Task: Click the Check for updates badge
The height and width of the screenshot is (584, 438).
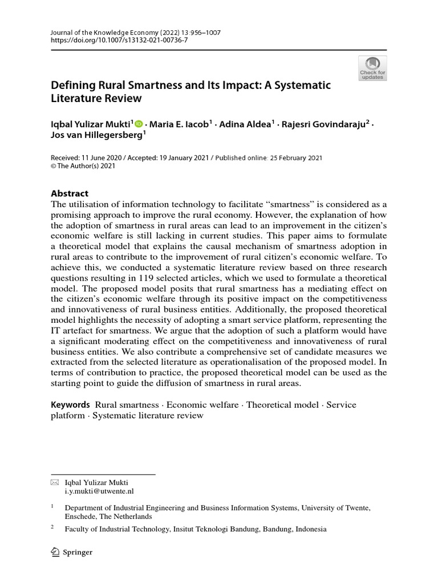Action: [x=372, y=67]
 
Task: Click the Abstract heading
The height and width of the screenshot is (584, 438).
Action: [x=70, y=193]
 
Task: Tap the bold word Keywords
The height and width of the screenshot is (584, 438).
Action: [x=71, y=404]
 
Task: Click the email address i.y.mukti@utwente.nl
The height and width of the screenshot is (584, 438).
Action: [x=99, y=490]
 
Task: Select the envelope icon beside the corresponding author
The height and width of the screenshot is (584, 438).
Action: [x=55, y=482]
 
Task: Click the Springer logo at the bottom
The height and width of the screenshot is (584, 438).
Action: [x=72, y=552]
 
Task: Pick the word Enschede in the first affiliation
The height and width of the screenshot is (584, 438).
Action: [x=80, y=516]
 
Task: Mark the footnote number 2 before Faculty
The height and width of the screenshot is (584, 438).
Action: [x=52, y=528]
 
